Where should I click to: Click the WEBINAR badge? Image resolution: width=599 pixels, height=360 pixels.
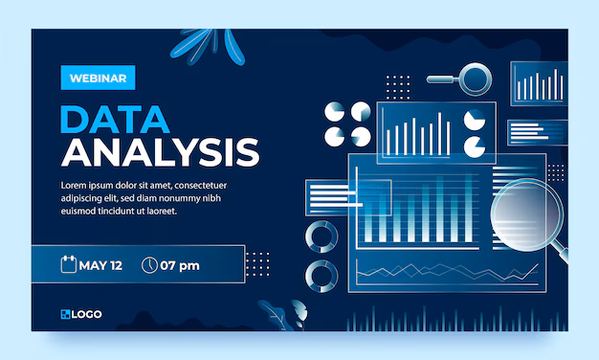point(98,78)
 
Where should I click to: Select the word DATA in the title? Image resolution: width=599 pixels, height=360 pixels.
point(116,119)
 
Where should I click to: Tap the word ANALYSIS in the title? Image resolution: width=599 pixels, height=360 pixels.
point(160,152)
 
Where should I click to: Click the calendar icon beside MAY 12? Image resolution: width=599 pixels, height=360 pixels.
point(68,265)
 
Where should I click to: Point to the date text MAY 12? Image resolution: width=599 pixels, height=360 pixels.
point(100,265)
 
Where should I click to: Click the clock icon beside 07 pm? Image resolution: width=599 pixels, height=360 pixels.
point(148,265)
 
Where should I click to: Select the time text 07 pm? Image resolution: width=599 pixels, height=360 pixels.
point(180,265)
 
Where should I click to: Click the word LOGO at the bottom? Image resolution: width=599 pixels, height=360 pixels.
point(87,314)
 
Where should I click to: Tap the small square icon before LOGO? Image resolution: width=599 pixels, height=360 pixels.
point(65,314)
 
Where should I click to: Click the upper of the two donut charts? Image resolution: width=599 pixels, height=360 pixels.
point(320,236)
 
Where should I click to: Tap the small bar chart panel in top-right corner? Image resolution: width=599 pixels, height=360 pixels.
point(538,84)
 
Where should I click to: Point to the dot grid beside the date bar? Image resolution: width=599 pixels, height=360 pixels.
point(258,263)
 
